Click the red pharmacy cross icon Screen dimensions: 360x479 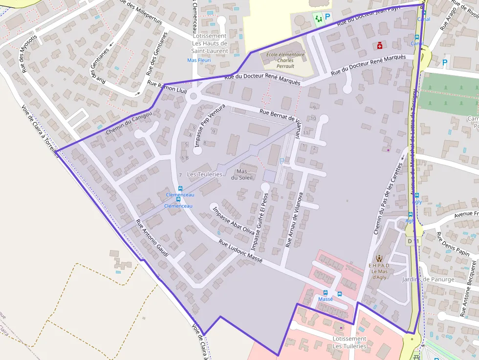pyautogui.click(x=379, y=45)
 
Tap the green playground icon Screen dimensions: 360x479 pyautogui.click(x=319, y=19)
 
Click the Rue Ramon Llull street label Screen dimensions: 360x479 pyautogui.click(x=167, y=87)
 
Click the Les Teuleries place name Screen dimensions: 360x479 pyautogui.click(x=204, y=174)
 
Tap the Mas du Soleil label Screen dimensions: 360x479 pyautogui.click(x=244, y=174)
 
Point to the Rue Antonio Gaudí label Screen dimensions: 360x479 pyautogui.click(x=152, y=239)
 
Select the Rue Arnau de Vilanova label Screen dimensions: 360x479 pyautogui.click(x=294, y=219)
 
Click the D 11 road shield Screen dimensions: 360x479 pyautogui.click(x=413, y=241)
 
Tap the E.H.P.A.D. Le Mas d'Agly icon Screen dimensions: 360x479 pyautogui.click(x=379, y=257)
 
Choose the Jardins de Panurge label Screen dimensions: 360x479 pyautogui.click(x=428, y=279)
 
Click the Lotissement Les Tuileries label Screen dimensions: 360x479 pyautogui.click(x=349, y=342)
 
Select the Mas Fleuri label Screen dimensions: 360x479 pyautogui.click(x=199, y=61)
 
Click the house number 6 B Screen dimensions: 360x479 pyautogui.click(x=185, y=158)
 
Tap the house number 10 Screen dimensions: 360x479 pyautogui.click(x=313, y=119)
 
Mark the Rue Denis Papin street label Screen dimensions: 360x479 pyautogui.click(x=453, y=245)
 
